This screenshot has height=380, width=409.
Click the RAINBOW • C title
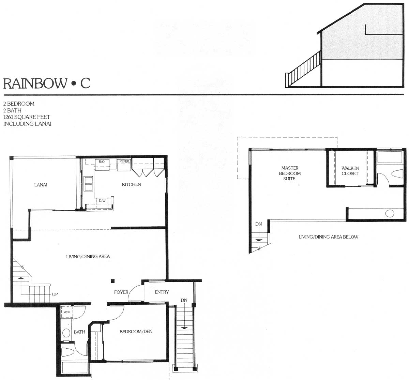47,83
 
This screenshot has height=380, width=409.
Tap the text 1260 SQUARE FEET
27,117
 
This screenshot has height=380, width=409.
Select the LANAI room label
41,185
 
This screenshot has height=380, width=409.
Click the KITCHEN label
131,184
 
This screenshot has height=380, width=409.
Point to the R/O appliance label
102,162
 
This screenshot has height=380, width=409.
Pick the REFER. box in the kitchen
124,165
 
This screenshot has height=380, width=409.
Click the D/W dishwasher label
102,201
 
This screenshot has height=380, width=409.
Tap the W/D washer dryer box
67,312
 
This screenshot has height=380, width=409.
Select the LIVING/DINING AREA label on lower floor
88,257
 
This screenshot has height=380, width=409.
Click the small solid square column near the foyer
113,281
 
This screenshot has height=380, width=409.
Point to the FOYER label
121,292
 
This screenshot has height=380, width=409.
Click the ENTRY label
162,292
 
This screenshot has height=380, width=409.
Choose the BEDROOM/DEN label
136,332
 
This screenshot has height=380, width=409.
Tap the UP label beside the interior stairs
55,294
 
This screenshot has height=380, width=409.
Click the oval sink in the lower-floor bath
66,333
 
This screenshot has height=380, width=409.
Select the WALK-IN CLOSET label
350,171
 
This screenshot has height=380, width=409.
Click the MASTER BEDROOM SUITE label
290,173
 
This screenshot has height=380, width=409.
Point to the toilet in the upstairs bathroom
397,173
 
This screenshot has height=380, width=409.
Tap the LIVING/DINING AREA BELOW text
329,237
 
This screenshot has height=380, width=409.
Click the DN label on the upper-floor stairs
258,224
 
